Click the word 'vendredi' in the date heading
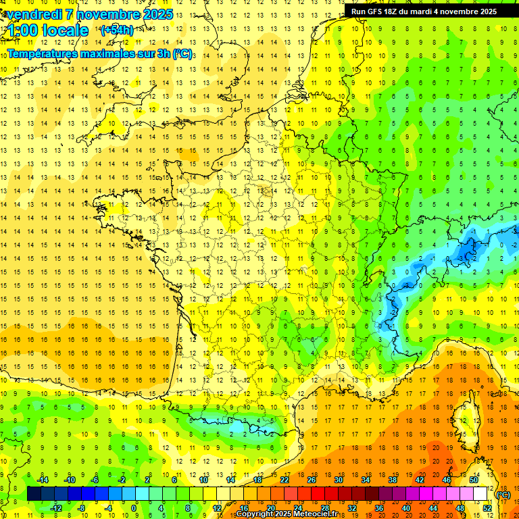[x=32, y=14]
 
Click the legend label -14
[x=43, y=480]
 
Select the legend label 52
[x=487, y=508]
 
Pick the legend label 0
[x=134, y=508]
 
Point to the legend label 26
[x=312, y=480]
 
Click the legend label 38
[x=393, y=480]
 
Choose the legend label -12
[x=56, y=508]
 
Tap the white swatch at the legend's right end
[x=480, y=494]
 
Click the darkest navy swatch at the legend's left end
[x=34, y=494]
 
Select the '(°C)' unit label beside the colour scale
[x=502, y=495]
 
